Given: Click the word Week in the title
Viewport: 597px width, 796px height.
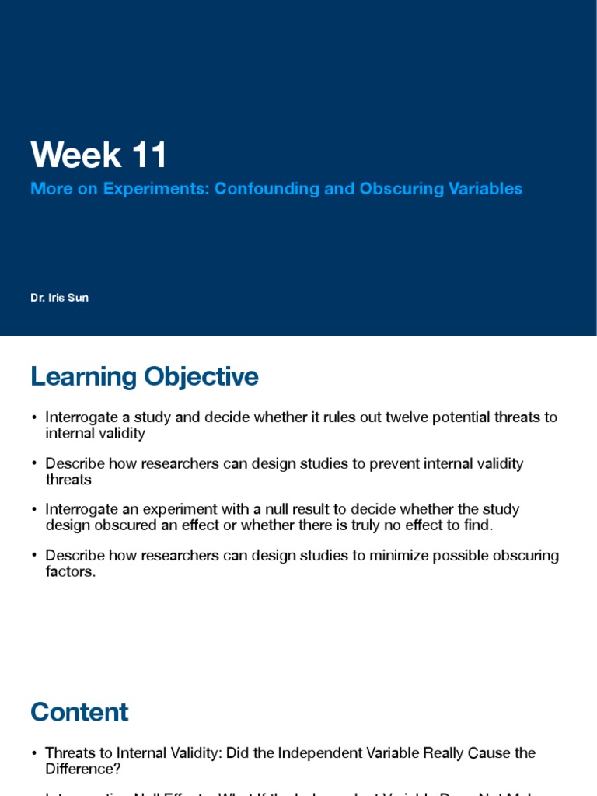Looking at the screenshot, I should (77, 155).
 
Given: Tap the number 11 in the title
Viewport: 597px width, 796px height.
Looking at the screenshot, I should (149, 155).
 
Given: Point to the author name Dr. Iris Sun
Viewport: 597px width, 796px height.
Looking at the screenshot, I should (59, 298).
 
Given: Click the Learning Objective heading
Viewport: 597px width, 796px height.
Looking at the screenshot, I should (144, 377).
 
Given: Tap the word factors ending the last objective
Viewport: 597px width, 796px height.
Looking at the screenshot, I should (70, 572).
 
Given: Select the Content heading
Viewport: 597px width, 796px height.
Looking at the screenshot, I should (79, 713).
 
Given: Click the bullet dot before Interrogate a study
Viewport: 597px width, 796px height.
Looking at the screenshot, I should (34, 418).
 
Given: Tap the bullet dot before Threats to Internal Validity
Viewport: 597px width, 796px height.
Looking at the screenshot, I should (34, 754).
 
